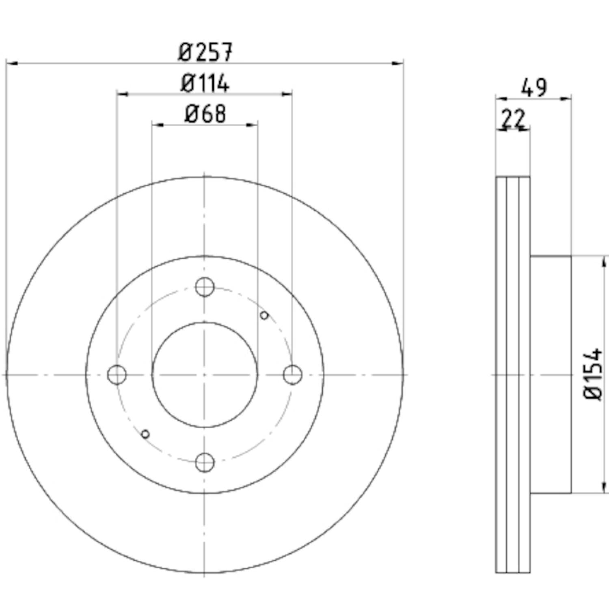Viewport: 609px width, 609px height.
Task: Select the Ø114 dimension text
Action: coord(205,84)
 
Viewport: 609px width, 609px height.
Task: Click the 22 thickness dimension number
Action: coord(513,119)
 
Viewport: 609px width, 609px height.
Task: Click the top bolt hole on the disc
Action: coord(205,287)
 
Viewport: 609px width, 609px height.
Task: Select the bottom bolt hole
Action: coord(205,462)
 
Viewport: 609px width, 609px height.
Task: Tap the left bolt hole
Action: coord(117,375)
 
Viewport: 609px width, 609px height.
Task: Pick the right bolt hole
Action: coord(292,375)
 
